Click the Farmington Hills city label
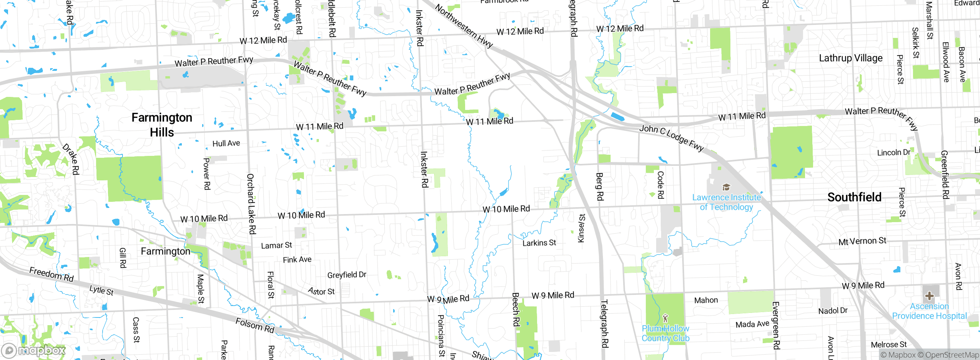coord(162,125)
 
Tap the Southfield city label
coord(854,197)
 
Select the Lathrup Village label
coord(851,58)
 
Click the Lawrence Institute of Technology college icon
coord(726,187)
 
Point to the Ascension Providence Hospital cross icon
coord(929,296)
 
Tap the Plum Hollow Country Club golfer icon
coord(665,318)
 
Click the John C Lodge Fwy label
coord(672,138)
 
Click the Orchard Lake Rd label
coord(251,204)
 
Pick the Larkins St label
coord(539,243)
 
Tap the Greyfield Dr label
coord(347,275)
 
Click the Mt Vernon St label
coord(862,241)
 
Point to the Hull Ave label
coord(226,143)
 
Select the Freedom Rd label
coord(52,275)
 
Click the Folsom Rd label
coord(255,325)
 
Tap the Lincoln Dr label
coord(893,152)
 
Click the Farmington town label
coord(165,251)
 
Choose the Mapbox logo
coord(34,350)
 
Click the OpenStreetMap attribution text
coord(952,355)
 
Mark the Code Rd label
coord(660,185)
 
